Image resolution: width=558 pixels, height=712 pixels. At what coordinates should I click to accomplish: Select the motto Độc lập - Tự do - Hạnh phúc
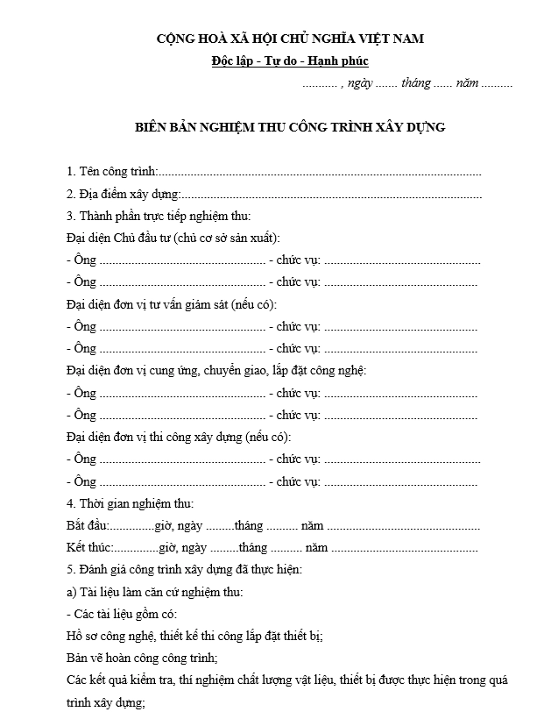coord(289,61)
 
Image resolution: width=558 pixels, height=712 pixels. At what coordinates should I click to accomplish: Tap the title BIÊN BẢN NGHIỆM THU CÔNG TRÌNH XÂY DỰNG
coord(289,127)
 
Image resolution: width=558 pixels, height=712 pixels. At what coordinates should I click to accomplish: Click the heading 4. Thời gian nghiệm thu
coord(130,503)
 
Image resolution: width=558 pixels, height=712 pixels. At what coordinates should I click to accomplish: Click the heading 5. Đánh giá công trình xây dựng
coord(184,570)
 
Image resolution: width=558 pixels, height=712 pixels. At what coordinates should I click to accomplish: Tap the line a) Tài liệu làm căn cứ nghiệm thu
coord(154,592)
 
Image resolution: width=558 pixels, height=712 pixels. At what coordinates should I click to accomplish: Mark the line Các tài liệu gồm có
coord(121,614)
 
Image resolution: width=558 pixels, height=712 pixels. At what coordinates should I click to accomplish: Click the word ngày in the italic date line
coord(360,83)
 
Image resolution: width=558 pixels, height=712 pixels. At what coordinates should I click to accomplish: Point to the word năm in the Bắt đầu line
coord(312,525)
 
